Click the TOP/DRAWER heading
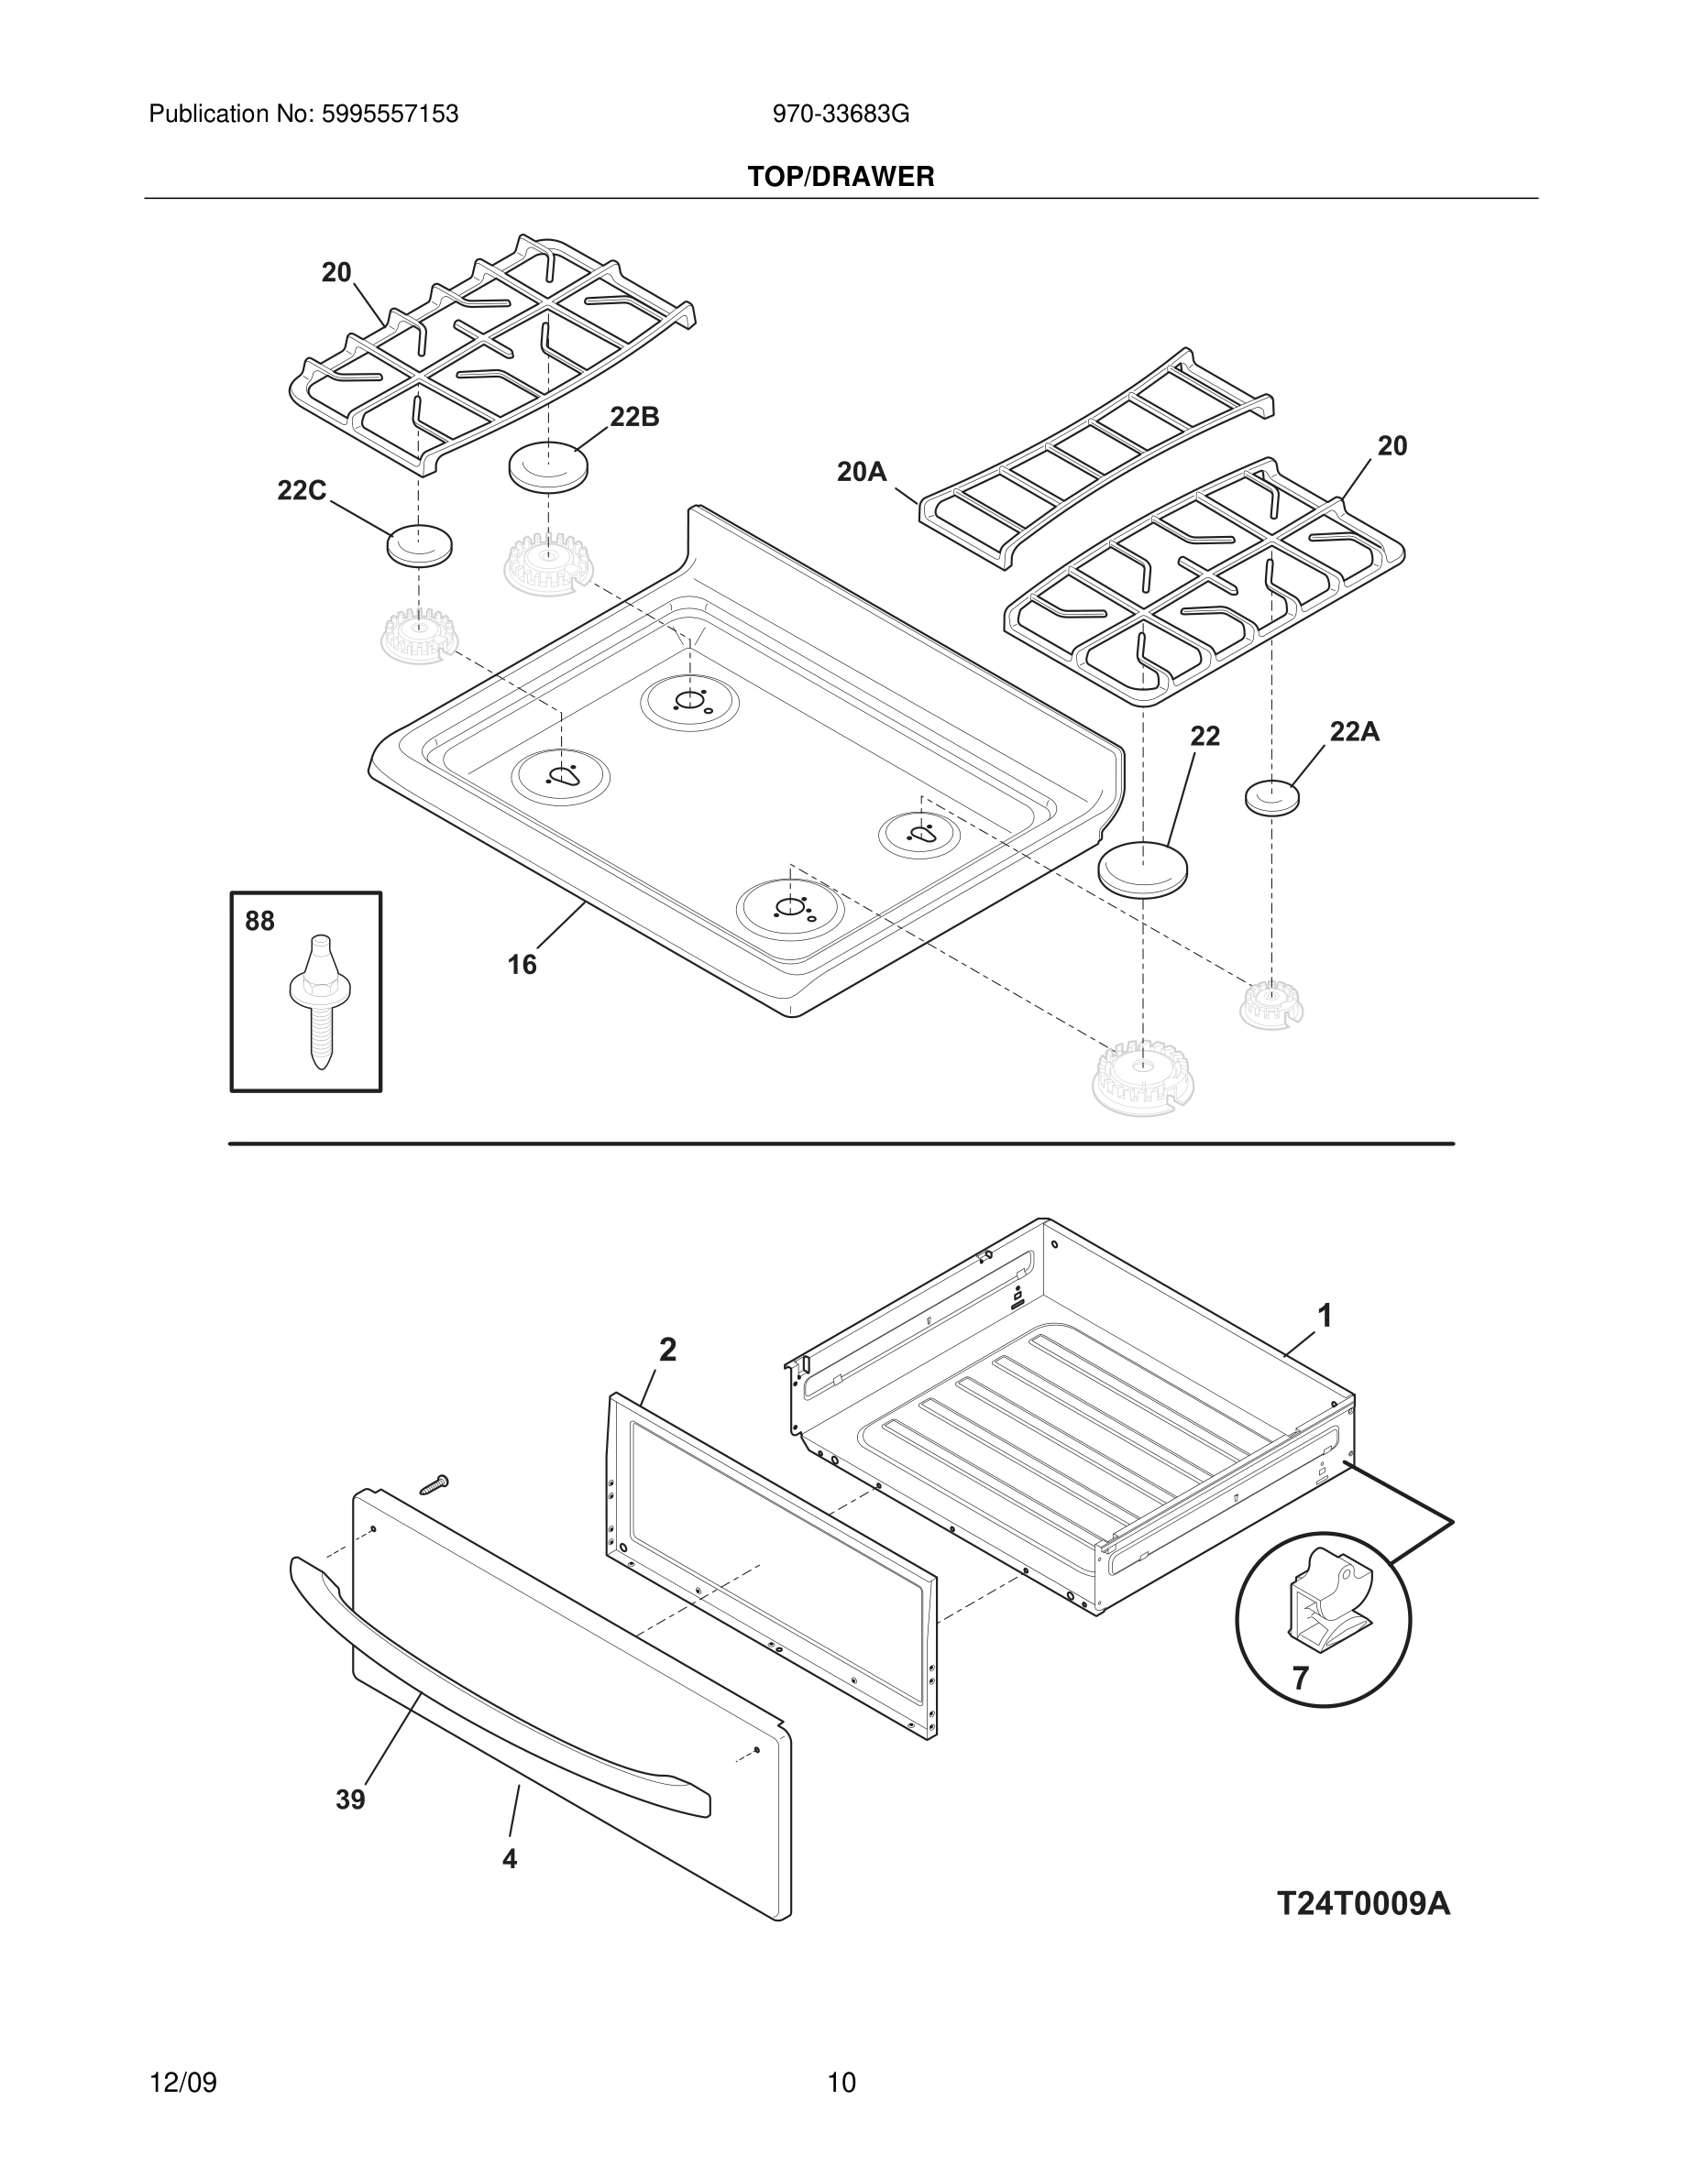841,178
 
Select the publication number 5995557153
389,115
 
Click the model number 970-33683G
841,115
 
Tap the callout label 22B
634,418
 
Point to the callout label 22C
301,490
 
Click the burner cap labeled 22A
1272,797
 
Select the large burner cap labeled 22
1144,870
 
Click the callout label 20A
862,472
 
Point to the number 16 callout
522,965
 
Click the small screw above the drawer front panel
434,1512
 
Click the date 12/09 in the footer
182,2083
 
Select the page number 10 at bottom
841,2083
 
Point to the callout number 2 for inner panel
668,1350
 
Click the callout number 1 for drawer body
1325,1317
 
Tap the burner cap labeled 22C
419,544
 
